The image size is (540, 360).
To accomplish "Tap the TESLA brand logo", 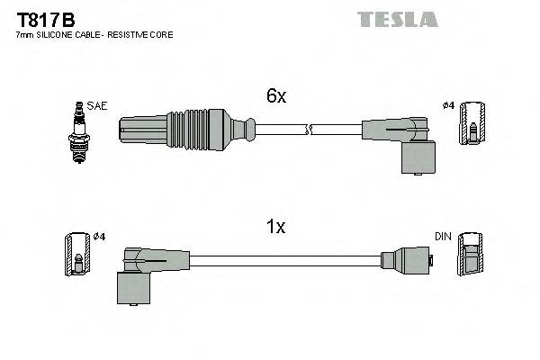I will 397,19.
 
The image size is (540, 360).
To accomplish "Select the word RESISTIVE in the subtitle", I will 135,34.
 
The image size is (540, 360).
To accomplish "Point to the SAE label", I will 98,105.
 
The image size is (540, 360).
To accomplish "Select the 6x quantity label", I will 275,96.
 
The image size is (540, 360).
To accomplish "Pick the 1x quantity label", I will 275,227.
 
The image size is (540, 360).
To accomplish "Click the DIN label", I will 442,237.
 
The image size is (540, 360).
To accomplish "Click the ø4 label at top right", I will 448,105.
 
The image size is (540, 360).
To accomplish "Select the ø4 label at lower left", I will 99,237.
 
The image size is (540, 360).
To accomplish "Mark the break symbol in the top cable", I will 309,130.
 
